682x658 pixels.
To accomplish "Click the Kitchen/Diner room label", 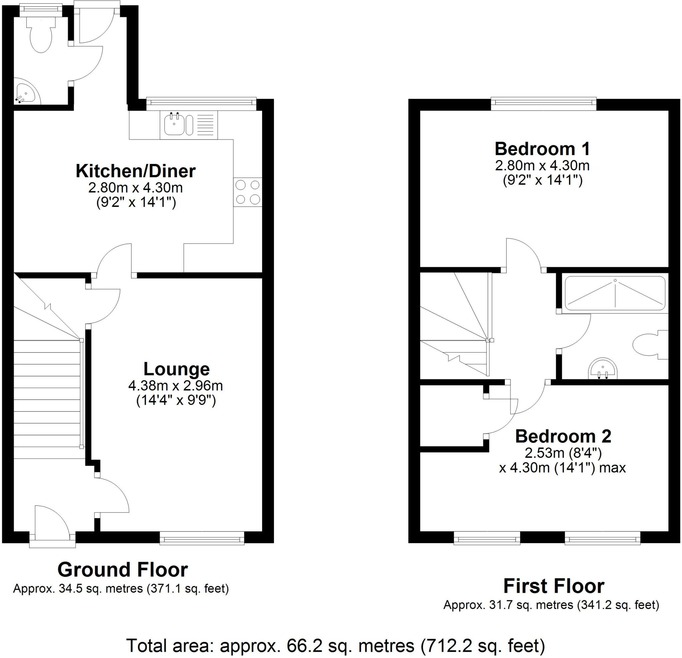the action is (x=136, y=171).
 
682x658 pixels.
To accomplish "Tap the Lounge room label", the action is (x=177, y=369).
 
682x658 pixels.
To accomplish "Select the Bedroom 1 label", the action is (x=542, y=149).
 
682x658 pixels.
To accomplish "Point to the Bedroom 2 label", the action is (x=563, y=436).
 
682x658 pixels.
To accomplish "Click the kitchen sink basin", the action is (x=174, y=124).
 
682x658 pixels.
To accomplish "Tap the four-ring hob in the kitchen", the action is (x=248, y=192).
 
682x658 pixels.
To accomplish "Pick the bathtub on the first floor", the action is (x=615, y=293).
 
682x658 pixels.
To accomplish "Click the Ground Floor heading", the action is (x=123, y=570).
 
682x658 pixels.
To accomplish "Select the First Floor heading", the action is (x=554, y=586).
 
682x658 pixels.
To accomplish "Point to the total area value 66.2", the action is (x=302, y=646).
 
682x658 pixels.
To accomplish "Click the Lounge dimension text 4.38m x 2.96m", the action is (x=176, y=386).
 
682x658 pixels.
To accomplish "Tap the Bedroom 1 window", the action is (x=544, y=102).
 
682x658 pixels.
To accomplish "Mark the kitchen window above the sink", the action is (x=201, y=102).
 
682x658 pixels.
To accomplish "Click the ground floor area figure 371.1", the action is (x=166, y=589).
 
